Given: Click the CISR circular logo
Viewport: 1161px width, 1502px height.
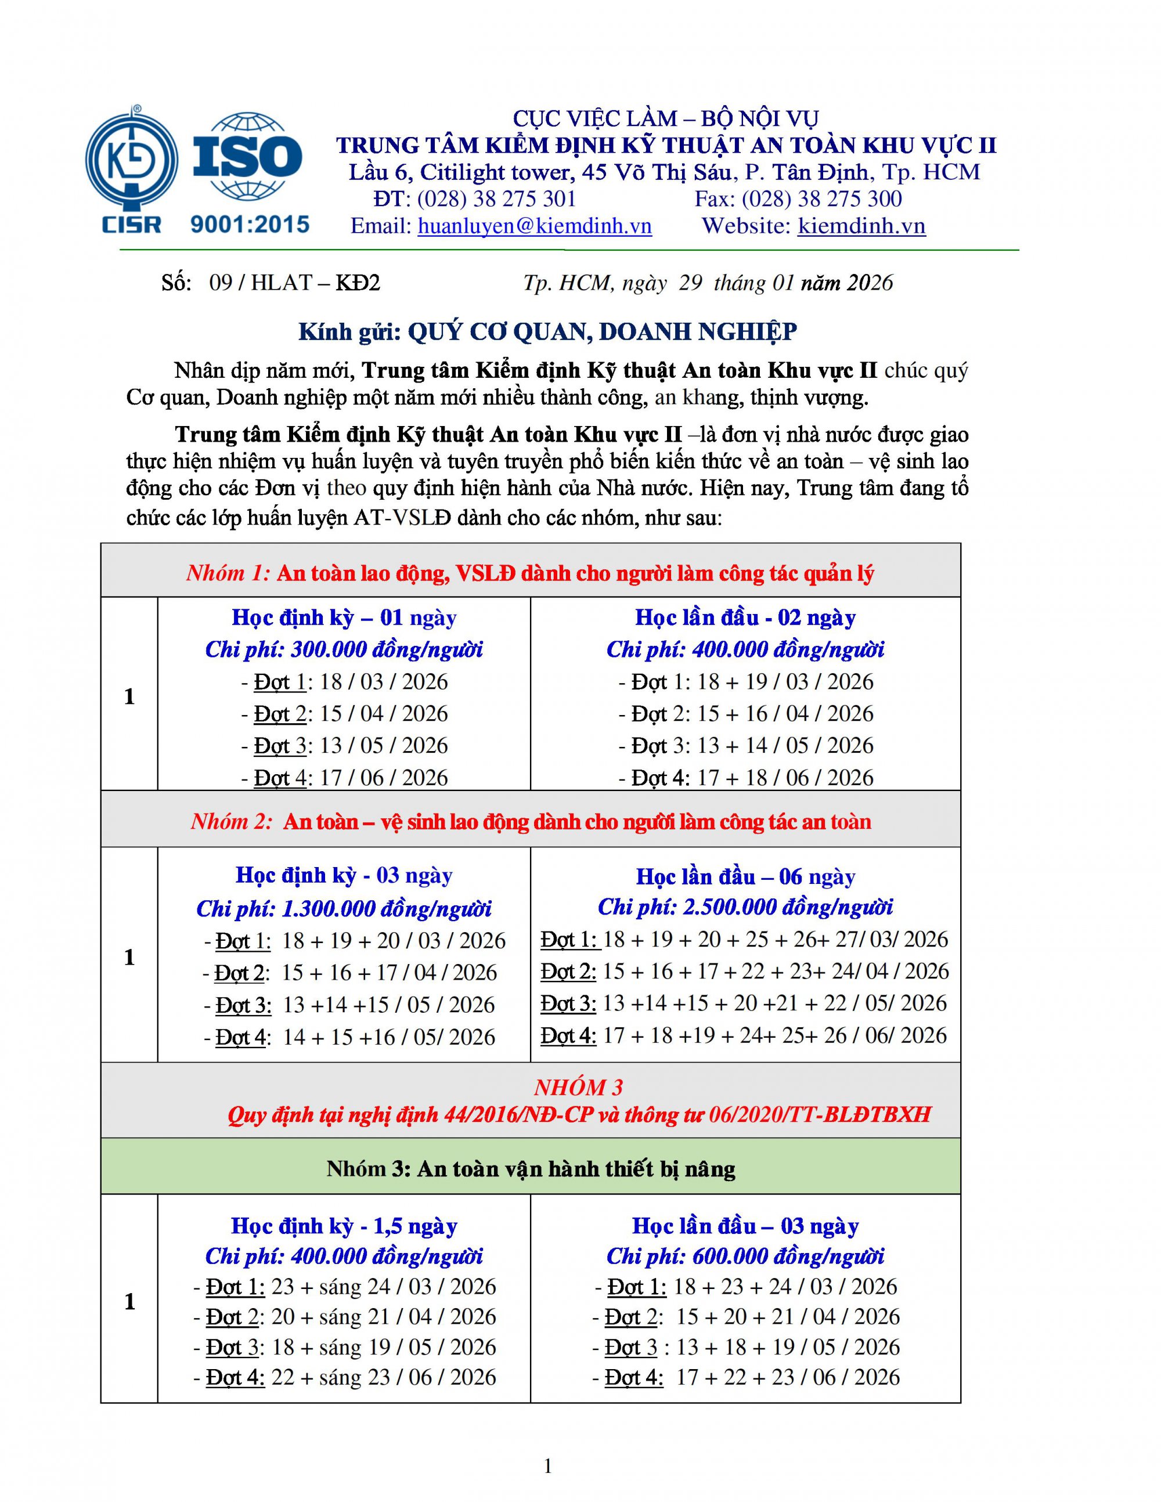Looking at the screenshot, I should [131, 160].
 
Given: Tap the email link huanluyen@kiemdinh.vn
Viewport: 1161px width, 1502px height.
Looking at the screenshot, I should [535, 226].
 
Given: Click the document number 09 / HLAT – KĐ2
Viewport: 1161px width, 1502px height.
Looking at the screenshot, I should [294, 283].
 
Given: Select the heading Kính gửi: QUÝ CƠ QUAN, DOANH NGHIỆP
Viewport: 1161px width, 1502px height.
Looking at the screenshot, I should [547, 331].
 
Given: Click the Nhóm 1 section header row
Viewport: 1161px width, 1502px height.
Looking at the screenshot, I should [531, 573].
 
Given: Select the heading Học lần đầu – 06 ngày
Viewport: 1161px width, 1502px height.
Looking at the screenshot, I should [745, 877].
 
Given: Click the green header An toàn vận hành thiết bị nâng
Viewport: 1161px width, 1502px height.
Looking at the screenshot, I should [531, 1168].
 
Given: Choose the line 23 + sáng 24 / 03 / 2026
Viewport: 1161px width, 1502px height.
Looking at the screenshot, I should [383, 1286].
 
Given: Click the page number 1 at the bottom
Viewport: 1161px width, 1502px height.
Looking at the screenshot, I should [548, 1467].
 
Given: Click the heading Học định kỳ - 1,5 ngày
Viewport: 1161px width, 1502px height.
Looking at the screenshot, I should [344, 1226].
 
